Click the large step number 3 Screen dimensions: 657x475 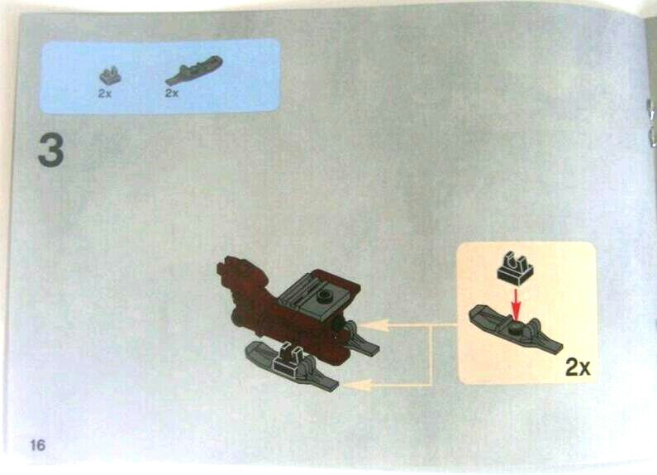(50, 150)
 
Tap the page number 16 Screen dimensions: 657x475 (38, 444)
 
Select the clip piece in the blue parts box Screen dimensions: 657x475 (110, 75)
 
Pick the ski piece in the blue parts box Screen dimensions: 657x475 (194, 70)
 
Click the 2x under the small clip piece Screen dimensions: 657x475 (105, 94)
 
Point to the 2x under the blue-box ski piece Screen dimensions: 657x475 (172, 94)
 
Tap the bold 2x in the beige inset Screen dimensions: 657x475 (578, 367)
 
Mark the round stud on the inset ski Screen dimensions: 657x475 (516, 328)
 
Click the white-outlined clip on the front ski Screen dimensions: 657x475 (288, 359)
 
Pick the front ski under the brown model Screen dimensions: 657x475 (292, 367)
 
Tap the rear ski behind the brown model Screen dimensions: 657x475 (359, 338)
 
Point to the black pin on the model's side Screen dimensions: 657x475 (338, 325)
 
